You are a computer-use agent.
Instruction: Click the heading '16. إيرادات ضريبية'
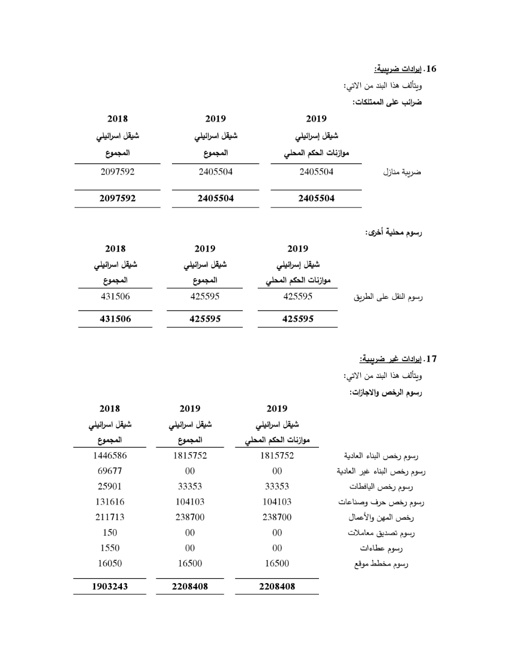point(406,69)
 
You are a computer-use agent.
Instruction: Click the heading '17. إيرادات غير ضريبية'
point(399,358)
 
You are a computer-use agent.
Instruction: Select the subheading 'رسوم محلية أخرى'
point(393,232)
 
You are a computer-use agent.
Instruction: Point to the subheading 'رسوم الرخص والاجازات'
point(386,392)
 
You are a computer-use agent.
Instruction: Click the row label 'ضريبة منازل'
point(402,172)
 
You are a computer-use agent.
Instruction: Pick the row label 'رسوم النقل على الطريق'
point(389,297)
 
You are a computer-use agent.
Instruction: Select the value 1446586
point(110,455)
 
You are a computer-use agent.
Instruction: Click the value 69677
point(110,471)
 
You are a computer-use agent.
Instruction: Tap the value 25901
point(110,486)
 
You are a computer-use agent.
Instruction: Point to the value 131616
point(110,502)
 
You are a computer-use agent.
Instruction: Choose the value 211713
point(110,517)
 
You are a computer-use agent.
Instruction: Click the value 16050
point(110,564)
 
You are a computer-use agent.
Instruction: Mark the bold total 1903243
point(110,586)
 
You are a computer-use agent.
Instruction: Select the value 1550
point(110,548)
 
